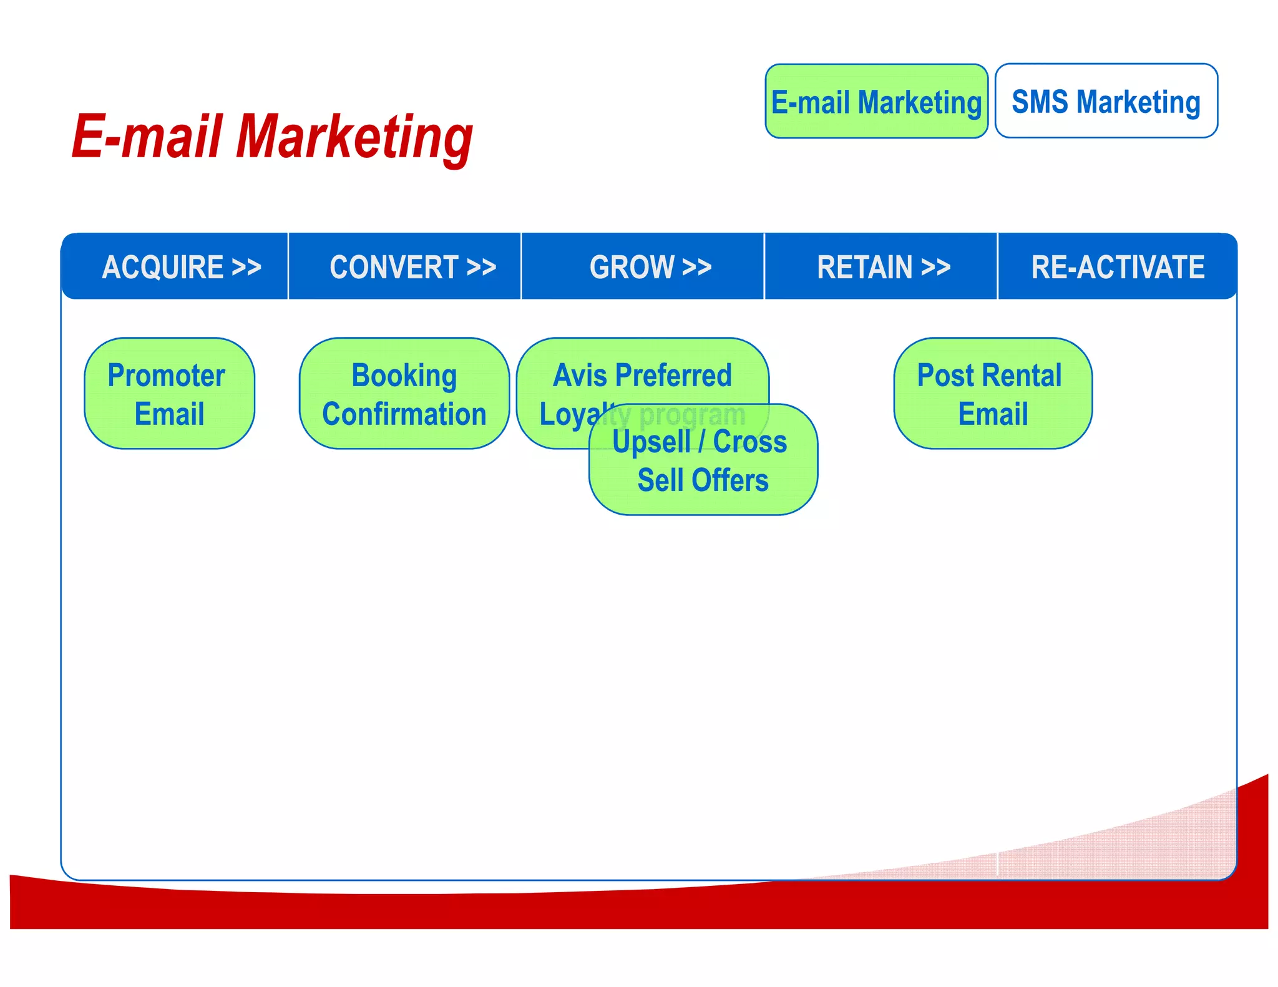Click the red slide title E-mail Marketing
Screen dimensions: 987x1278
pyautogui.click(x=272, y=137)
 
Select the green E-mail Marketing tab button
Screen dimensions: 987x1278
pyautogui.click(x=876, y=102)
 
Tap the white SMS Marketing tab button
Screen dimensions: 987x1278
pyautogui.click(x=1106, y=102)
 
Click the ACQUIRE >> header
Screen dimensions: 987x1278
pyautogui.click(x=181, y=267)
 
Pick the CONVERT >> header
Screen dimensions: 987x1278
pyautogui.click(x=412, y=267)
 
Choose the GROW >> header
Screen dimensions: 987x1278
pyautogui.click(x=650, y=267)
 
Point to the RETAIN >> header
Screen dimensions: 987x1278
pyautogui.click(x=884, y=267)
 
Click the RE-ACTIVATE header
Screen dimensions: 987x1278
pyautogui.click(x=1117, y=267)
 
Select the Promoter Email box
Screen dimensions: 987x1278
pyautogui.click(x=169, y=394)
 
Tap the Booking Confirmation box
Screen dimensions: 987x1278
pyautogui.click(x=404, y=394)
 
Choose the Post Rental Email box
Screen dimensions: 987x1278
pyautogui.click(x=992, y=394)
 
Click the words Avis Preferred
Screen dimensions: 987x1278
pyautogui.click(x=642, y=376)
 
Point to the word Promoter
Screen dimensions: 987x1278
pyautogui.click(x=166, y=376)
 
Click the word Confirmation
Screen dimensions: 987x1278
pyautogui.click(x=404, y=414)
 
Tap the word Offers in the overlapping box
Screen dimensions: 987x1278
pyautogui.click(x=729, y=480)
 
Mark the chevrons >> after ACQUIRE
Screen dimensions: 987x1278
pyautogui.click(x=246, y=267)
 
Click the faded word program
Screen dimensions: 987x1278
pyautogui.click(x=692, y=414)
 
